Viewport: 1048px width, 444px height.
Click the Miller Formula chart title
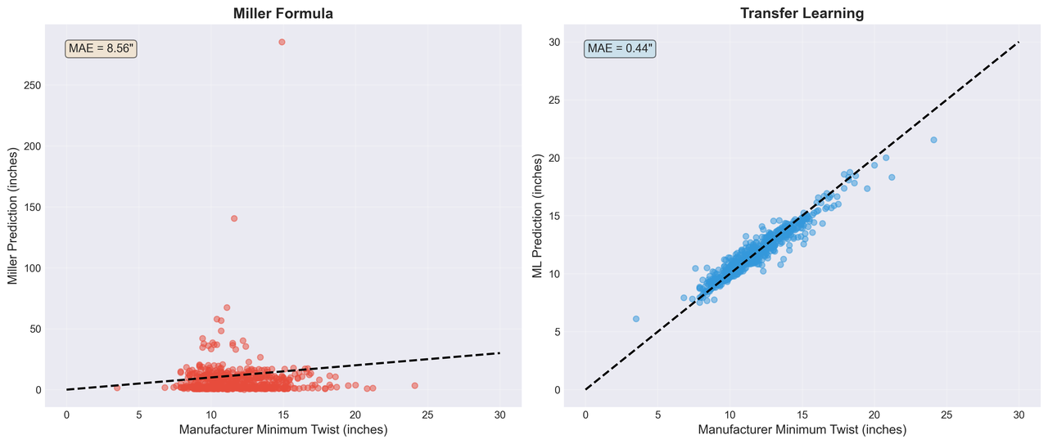pos(282,13)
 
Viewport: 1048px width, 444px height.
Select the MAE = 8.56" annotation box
pos(101,49)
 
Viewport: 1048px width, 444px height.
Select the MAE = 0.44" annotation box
pos(620,49)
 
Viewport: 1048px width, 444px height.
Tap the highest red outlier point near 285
pos(282,42)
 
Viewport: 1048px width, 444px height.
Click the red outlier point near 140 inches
pos(233,218)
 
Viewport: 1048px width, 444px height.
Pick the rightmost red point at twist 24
pos(414,385)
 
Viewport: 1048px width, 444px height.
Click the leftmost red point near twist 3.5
pos(117,388)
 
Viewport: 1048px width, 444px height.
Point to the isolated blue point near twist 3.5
pos(636,319)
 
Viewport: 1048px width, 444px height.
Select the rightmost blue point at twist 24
pos(933,140)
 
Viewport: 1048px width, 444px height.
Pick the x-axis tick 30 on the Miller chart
pos(499,415)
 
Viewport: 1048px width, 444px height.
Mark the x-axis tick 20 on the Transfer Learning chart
pos(874,415)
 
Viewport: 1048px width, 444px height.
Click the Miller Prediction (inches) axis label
pos(13,217)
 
